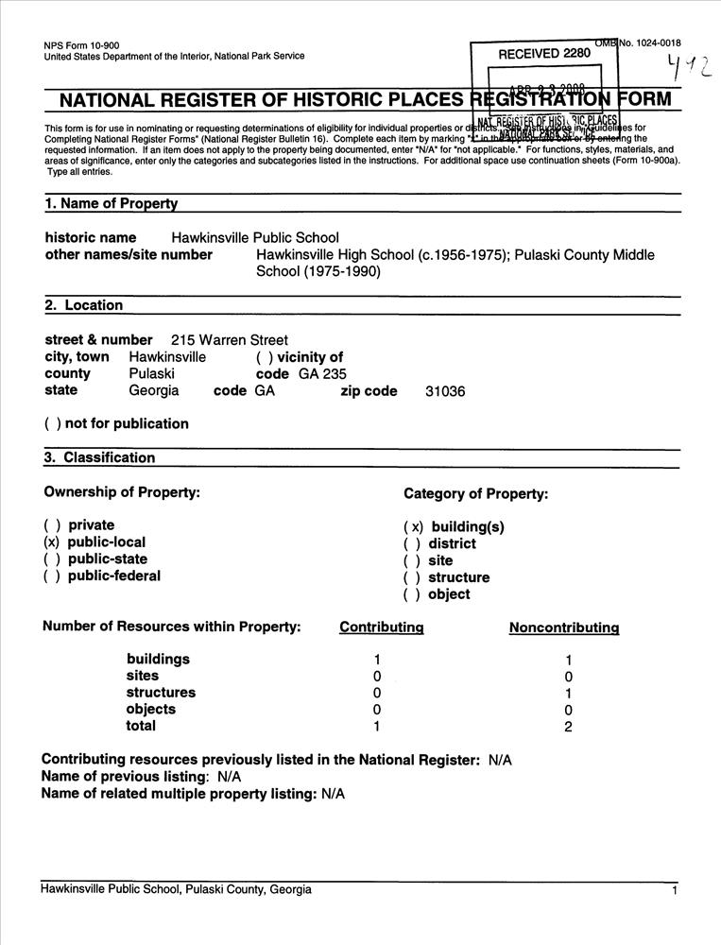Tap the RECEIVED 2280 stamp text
544,53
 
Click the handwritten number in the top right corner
687,65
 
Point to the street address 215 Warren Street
230,340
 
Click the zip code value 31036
446,391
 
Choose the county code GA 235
322,374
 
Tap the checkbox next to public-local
52,542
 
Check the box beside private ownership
52,525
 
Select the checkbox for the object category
412,594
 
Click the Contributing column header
382,627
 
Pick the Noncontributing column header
564,627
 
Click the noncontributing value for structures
568,693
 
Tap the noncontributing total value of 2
568,727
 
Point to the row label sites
143,676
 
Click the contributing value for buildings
377,660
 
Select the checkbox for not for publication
52,424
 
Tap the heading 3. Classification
99,458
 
